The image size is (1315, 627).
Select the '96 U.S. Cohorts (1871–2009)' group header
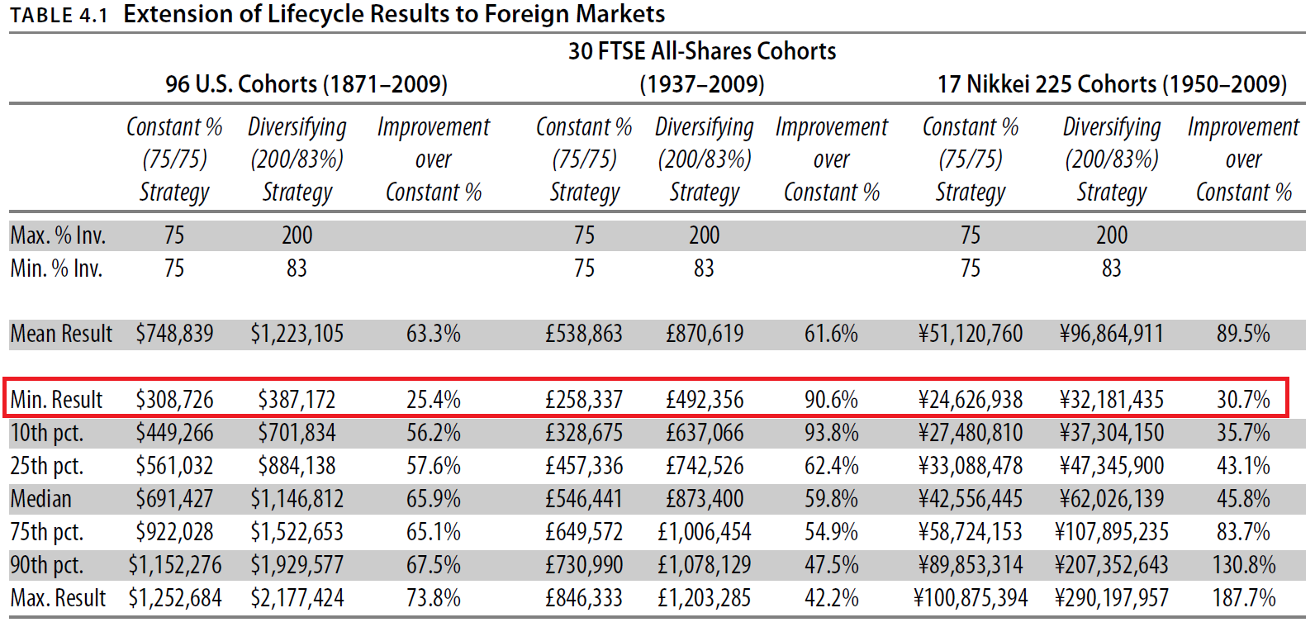306,84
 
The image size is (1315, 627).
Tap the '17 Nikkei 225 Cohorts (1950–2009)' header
1112,84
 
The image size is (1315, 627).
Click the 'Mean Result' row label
61,334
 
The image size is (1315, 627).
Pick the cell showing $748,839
174,334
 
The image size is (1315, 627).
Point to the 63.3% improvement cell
433,334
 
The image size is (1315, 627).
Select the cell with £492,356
705,400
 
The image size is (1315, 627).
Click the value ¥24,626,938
971,400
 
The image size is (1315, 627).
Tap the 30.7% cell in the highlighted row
1243,400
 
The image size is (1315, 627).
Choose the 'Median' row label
40,499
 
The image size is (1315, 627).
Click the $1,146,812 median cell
297,499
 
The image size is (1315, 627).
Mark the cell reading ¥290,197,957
1112,598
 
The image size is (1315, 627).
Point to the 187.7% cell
1243,598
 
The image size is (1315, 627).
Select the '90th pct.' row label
46,565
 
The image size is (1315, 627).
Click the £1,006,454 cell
705,532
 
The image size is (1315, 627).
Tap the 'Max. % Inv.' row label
58,235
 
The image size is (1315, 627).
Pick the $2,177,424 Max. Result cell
297,598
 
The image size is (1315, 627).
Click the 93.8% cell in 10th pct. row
831,433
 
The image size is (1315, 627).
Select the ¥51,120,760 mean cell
971,334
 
